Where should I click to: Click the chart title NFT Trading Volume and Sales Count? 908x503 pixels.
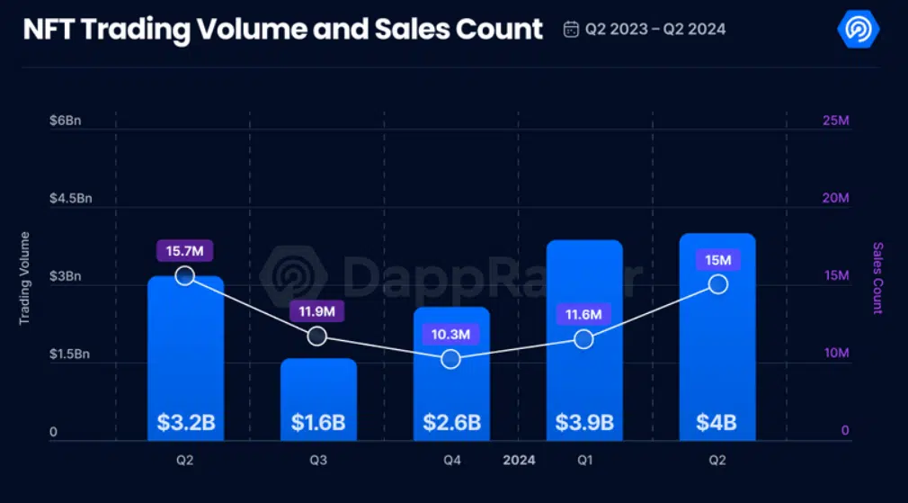282,29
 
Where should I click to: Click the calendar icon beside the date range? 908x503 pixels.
571,30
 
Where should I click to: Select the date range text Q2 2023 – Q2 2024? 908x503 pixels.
655,30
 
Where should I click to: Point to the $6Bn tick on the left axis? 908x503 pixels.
65,121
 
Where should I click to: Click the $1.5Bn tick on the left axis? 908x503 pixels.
69,355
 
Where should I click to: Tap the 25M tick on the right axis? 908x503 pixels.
835,121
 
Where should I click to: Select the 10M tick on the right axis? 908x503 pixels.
835,354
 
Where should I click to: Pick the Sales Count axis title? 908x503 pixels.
877,278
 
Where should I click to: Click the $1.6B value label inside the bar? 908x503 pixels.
318,422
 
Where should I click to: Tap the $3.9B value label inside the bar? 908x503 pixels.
584,422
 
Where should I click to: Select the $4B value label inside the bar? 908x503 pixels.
717,422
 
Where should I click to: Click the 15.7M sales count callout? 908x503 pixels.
185,251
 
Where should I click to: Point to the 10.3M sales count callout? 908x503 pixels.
451,334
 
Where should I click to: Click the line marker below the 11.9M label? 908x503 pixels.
317,336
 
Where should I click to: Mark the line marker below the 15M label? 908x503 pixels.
717,284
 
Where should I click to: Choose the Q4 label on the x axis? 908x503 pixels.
452,461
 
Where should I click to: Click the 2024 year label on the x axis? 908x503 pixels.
519,461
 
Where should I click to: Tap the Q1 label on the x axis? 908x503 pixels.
584,461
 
